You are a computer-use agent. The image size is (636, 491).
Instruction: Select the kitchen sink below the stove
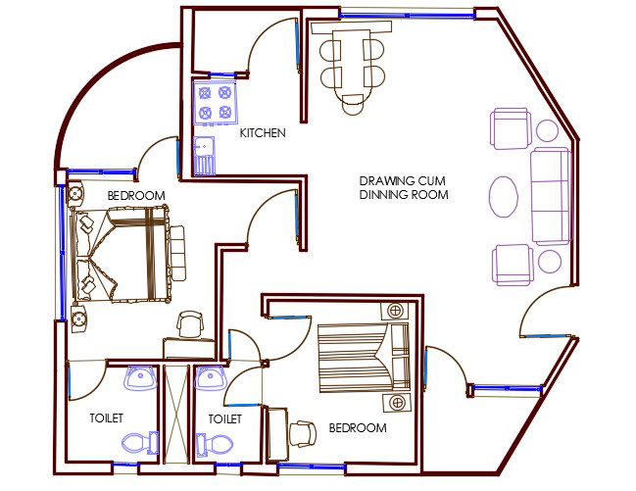coord(205,155)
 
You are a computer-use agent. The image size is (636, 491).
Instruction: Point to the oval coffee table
coord(505,196)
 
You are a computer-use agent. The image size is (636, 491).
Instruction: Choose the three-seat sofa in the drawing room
coord(551,197)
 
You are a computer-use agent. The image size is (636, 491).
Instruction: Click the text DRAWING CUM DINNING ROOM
coord(403,188)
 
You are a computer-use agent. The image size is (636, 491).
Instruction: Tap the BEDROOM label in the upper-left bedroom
coord(135,196)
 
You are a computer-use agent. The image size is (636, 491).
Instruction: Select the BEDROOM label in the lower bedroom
coord(357,428)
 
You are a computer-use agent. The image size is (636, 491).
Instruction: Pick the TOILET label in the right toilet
coord(224,418)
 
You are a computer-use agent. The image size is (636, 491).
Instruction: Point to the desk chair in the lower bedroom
coord(304,431)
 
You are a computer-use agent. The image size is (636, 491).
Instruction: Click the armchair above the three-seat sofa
coord(511,128)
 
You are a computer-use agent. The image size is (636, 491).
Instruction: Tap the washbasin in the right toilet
coord(210,377)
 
